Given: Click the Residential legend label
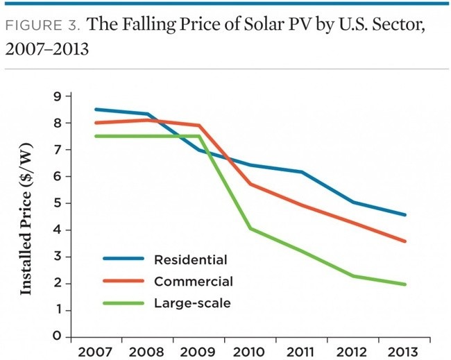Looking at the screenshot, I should (x=191, y=260).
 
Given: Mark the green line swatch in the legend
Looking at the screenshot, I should (x=124, y=302).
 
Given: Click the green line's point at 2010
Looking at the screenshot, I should (x=249, y=228).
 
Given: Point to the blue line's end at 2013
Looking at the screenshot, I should (x=406, y=215).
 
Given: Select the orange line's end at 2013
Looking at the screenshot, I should (x=406, y=241).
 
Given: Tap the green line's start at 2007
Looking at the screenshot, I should (x=96, y=136).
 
